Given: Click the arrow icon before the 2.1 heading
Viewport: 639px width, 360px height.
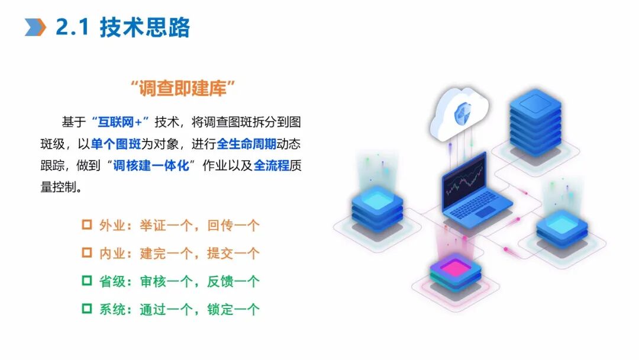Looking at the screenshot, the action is (x=35, y=27).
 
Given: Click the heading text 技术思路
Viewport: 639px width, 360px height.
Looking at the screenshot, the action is (x=144, y=27).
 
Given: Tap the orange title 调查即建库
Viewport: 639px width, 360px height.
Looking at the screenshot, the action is (x=183, y=89).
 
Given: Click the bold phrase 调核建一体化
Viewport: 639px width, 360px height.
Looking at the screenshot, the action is (x=151, y=166).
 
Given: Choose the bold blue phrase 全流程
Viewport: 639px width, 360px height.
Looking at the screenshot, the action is (x=272, y=166).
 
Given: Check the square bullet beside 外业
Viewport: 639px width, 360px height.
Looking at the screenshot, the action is (x=87, y=225).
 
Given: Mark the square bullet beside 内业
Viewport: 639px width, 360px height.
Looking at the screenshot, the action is (x=87, y=253).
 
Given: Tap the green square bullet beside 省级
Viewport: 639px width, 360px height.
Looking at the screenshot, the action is (x=87, y=281).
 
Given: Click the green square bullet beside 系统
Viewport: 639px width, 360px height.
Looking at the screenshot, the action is (x=87, y=308).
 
